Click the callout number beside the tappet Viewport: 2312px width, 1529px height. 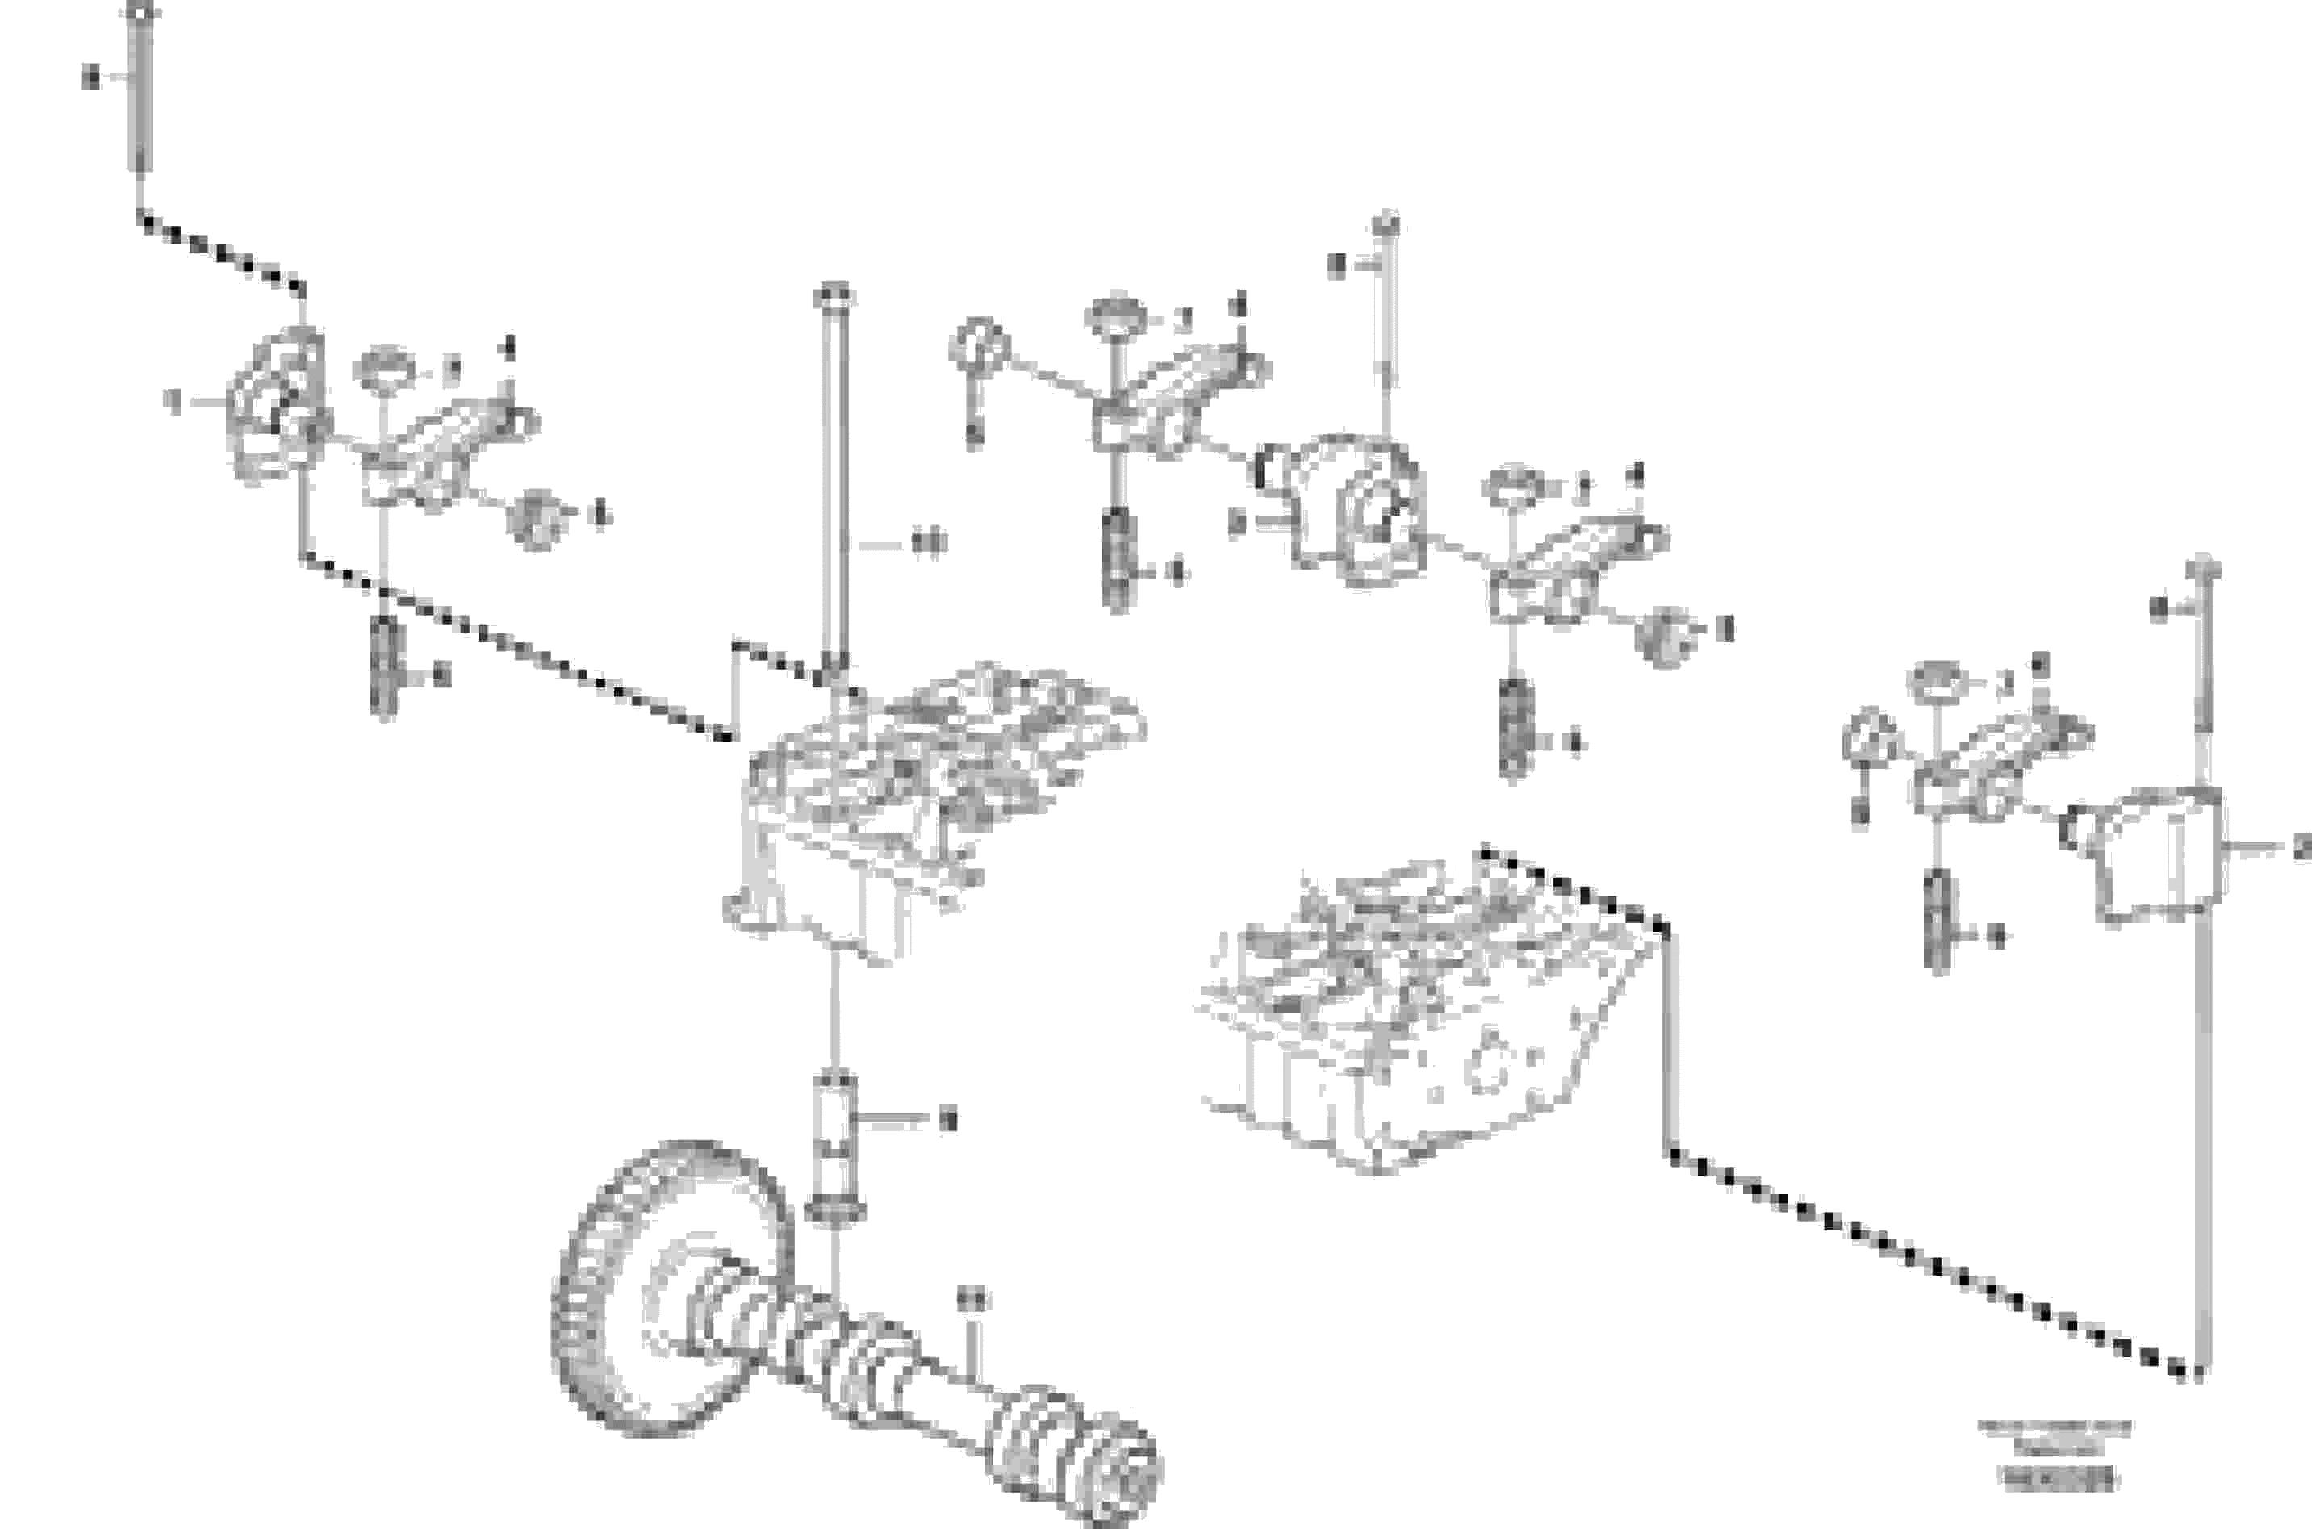(x=946, y=1121)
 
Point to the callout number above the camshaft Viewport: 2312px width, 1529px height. (x=972, y=1299)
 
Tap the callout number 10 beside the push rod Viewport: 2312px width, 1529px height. (x=928, y=541)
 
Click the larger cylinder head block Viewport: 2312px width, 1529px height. (x=1424, y=1014)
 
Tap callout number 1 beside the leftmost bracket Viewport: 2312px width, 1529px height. (x=174, y=401)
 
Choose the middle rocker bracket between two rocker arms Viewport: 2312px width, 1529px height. (x=1361, y=512)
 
